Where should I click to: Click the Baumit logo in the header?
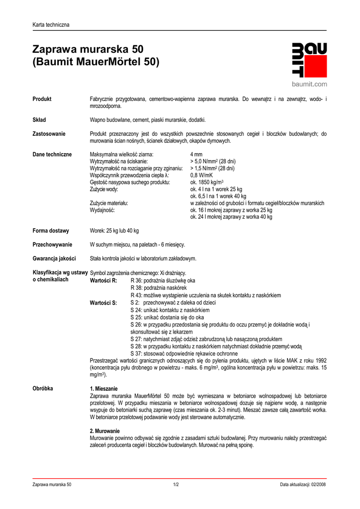[x=309, y=60]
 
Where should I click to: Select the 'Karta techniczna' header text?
[x=51, y=25]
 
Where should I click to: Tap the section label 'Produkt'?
[x=42, y=99]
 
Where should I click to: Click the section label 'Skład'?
[x=39, y=120]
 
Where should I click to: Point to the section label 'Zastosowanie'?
[x=49, y=134]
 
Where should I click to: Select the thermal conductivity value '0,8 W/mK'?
[x=201, y=175]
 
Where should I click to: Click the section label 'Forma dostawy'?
[x=51, y=231]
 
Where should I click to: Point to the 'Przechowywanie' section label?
[x=52, y=245]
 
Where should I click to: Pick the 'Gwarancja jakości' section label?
[x=54, y=258]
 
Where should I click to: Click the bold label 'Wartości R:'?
[x=103, y=280]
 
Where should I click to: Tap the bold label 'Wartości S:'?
[x=103, y=302]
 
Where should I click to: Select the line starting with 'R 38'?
[x=159, y=288]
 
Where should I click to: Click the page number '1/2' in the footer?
[x=176, y=485]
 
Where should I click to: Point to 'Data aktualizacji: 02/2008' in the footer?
[x=303, y=485]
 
